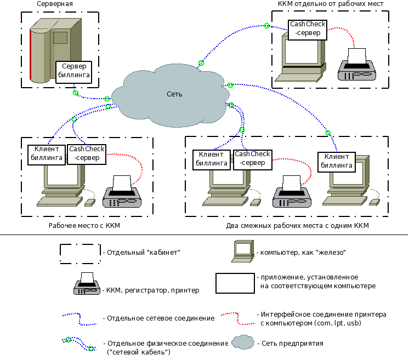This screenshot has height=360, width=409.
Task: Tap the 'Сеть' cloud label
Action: pos(174,94)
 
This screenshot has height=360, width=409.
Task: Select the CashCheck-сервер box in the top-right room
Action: pos(308,30)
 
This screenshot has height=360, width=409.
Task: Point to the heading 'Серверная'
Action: pos(55,4)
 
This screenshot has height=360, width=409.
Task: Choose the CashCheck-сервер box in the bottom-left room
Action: pos(87,155)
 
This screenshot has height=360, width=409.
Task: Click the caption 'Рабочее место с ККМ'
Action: pos(84,226)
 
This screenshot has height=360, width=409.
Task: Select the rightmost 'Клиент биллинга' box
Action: pos(336,161)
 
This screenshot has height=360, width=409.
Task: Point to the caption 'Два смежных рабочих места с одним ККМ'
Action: pos(298,226)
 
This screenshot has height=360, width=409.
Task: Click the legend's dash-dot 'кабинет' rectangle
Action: pos(80,253)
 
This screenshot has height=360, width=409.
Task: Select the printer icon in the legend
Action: pos(86,284)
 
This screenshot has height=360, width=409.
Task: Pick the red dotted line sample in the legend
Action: pos(237,318)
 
